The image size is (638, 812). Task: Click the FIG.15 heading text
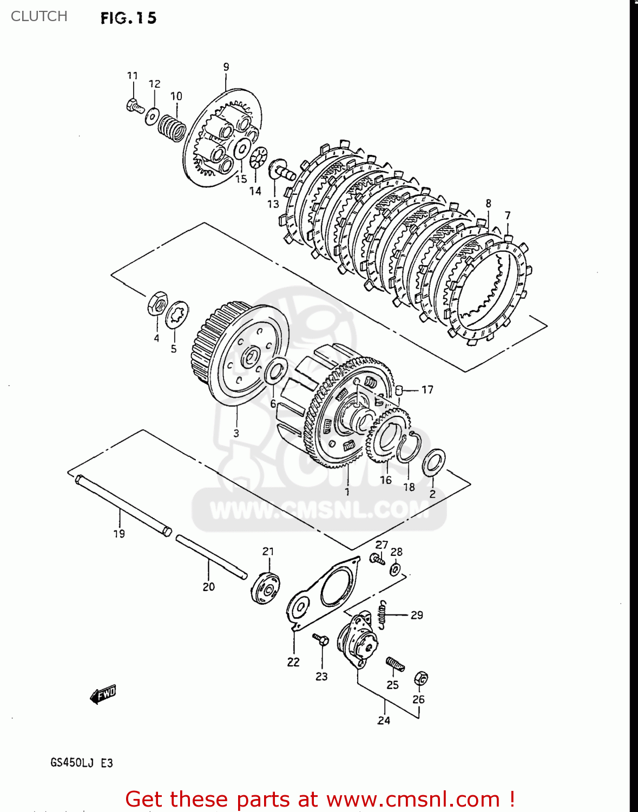click(x=128, y=18)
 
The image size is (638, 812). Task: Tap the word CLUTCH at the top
click(x=39, y=16)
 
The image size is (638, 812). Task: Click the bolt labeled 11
click(x=134, y=106)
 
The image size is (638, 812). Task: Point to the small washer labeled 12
click(x=152, y=115)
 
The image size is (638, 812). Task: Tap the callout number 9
click(x=226, y=67)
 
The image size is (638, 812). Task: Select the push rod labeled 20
click(x=211, y=556)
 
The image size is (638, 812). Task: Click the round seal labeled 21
click(x=266, y=587)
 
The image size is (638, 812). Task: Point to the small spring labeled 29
click(x=383, y=614)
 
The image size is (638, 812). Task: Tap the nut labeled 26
click(x=421, y=678)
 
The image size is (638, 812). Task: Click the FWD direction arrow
click(x=103, y=694)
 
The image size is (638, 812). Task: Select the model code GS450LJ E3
click(x=82, y=763)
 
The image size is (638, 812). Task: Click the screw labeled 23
click(x=321, y=640)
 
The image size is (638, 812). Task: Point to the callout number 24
click(x=384, y=721)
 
